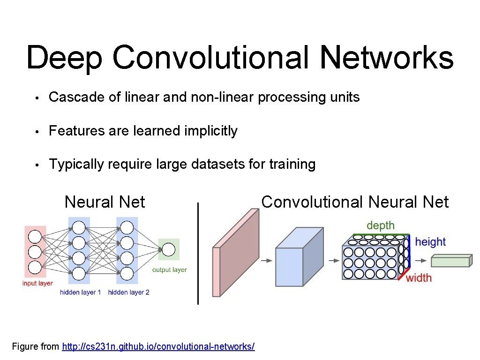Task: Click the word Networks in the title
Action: coord(387,58)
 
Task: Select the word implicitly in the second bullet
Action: coord(211,131)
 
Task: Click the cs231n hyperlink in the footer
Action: coord(158,347)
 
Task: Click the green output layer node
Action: coord(169,249)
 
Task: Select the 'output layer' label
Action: coord(169,270)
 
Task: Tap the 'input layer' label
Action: coord(37,283)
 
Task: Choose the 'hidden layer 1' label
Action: coord(80,292)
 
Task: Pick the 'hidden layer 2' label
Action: coord(128,292)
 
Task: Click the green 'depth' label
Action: coord(381,226)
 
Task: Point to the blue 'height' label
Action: coord(430,242)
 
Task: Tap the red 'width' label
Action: coord(419,278)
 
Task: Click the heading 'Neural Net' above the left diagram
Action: coord(105,202)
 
